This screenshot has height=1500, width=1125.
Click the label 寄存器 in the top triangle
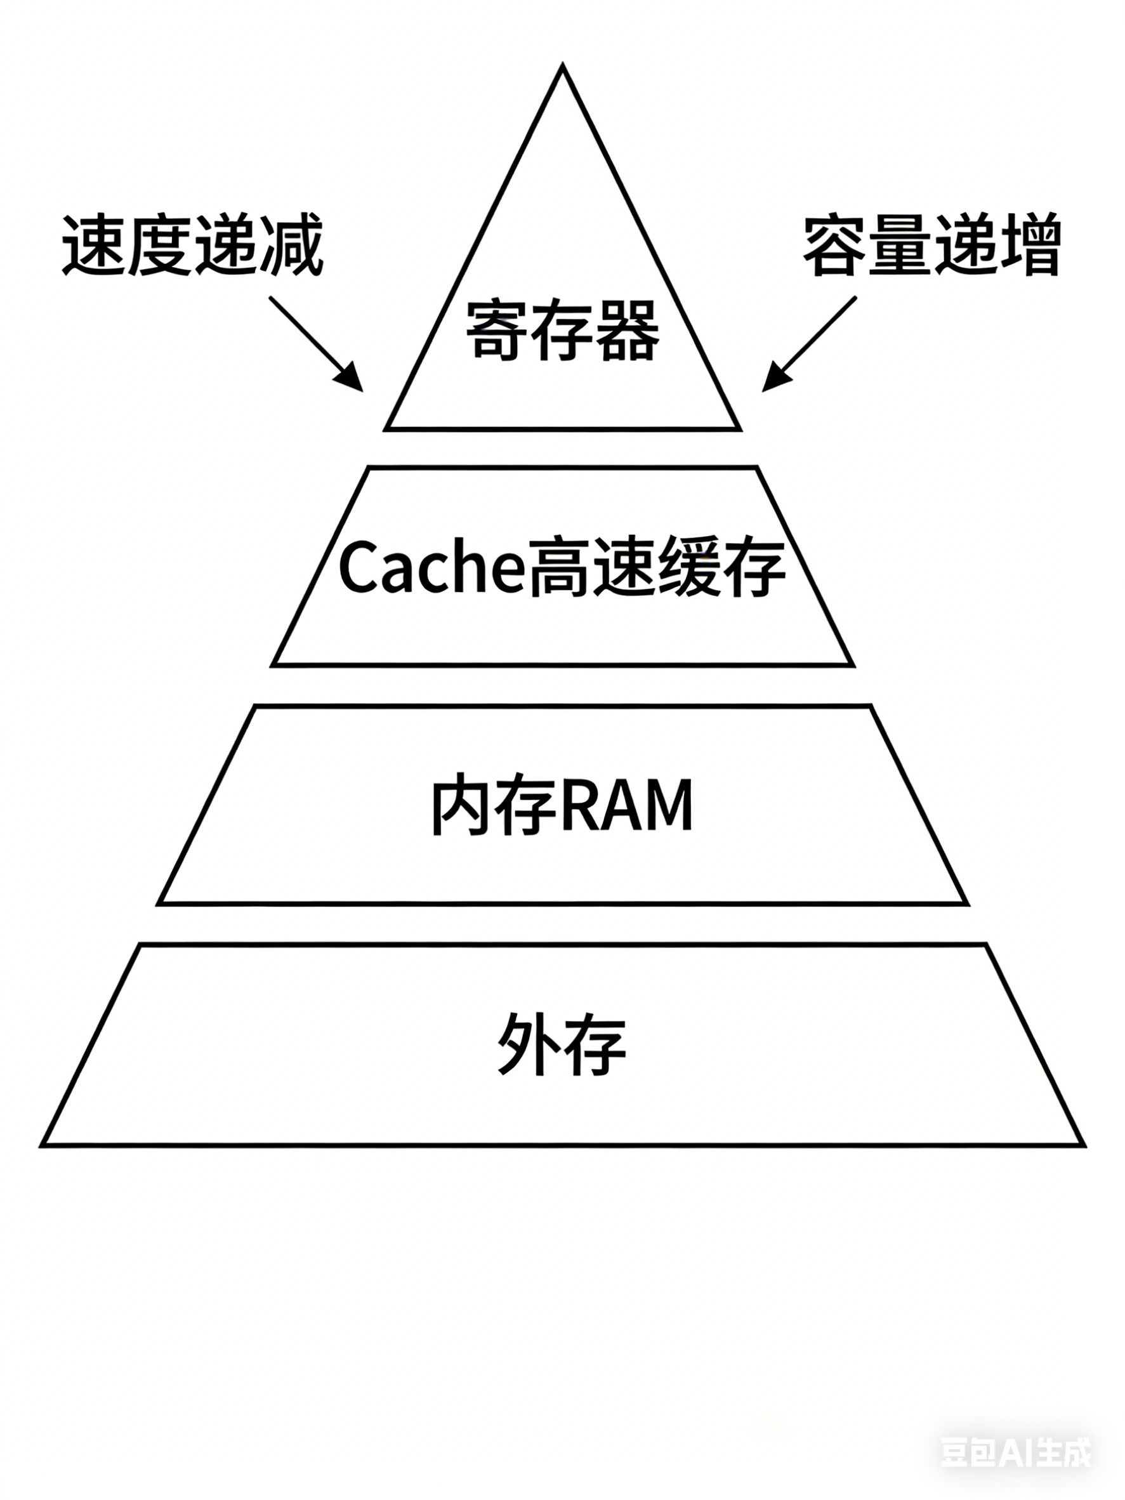pos(562,331)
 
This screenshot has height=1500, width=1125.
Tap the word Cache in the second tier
pos(432,566)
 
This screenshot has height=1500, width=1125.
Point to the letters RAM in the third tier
pos(628,806)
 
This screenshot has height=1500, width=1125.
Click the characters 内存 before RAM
pos(495,806)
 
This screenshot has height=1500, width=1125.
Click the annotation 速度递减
pos(194,246)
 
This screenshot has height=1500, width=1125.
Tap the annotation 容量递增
pos(931,246)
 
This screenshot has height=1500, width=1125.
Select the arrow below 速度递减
pos(315,343)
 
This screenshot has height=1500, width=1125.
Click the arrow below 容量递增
pos(809,343)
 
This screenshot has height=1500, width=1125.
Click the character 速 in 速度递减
pos(93,246)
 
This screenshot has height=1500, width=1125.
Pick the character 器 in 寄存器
pos(628,331)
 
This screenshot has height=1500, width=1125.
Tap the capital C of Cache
pos(357,566)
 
